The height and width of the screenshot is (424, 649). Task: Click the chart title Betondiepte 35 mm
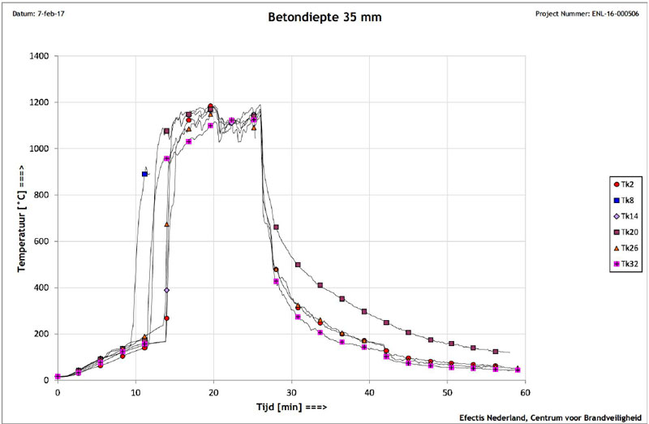point(324,15)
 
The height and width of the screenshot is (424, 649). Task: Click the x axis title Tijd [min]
point(291,405)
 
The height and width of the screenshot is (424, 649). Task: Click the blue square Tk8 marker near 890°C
point(145,174)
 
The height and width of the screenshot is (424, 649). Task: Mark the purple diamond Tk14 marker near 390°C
point(166,290)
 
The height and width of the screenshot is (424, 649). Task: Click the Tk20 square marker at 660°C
point(277,227)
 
